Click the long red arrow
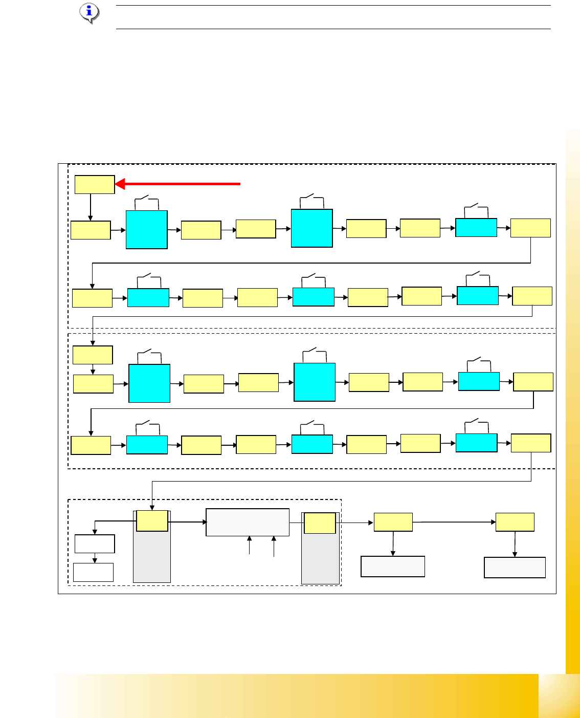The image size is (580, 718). (179, 183)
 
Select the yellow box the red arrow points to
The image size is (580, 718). (95, 184)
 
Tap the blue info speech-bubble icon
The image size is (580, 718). (90, 13)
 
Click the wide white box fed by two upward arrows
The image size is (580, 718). (248, 522)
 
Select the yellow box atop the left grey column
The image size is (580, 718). (152, 520)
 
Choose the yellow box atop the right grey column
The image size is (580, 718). (320, 523)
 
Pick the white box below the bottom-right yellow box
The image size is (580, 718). (515, 567)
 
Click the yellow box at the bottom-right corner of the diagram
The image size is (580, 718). (515, 522)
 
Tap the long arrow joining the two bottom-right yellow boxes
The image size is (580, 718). (454, 522)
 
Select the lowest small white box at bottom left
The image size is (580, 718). (93, 572)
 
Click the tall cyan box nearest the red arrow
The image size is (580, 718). (147, 229)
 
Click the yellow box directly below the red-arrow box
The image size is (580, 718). (91, 230)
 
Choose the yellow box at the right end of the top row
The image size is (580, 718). (530, 228)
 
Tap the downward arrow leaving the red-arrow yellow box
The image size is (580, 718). (91, 207)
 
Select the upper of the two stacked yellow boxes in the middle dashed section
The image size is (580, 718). (93, 355)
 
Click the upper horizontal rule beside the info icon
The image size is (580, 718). (332, 6)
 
